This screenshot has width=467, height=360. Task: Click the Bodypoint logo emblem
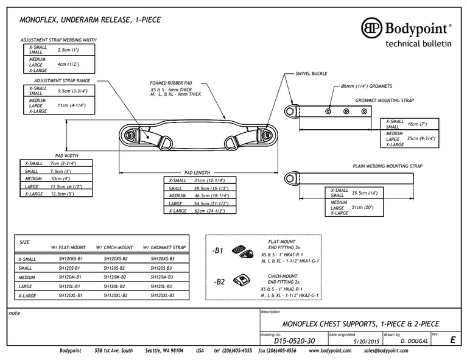point(372,28)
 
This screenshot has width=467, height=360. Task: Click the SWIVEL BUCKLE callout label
point(312,73)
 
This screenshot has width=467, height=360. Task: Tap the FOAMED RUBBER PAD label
point(171,83)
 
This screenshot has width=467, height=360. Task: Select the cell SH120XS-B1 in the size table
point(71,259)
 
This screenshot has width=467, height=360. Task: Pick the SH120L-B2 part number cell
point(114,286)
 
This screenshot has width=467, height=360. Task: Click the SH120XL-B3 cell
point(163,295)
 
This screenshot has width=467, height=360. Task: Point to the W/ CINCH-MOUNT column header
point(114,248)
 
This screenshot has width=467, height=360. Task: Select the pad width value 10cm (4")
point(61,179)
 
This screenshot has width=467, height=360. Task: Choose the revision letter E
point(451,340)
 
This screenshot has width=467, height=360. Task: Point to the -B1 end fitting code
point(217,251)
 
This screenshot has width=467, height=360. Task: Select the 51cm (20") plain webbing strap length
point(361,207)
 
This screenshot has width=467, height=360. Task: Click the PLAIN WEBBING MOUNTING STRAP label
point(387,166)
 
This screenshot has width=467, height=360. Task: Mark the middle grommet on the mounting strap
point(346,111)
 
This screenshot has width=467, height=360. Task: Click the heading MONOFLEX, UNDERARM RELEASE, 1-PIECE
point(90,20)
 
